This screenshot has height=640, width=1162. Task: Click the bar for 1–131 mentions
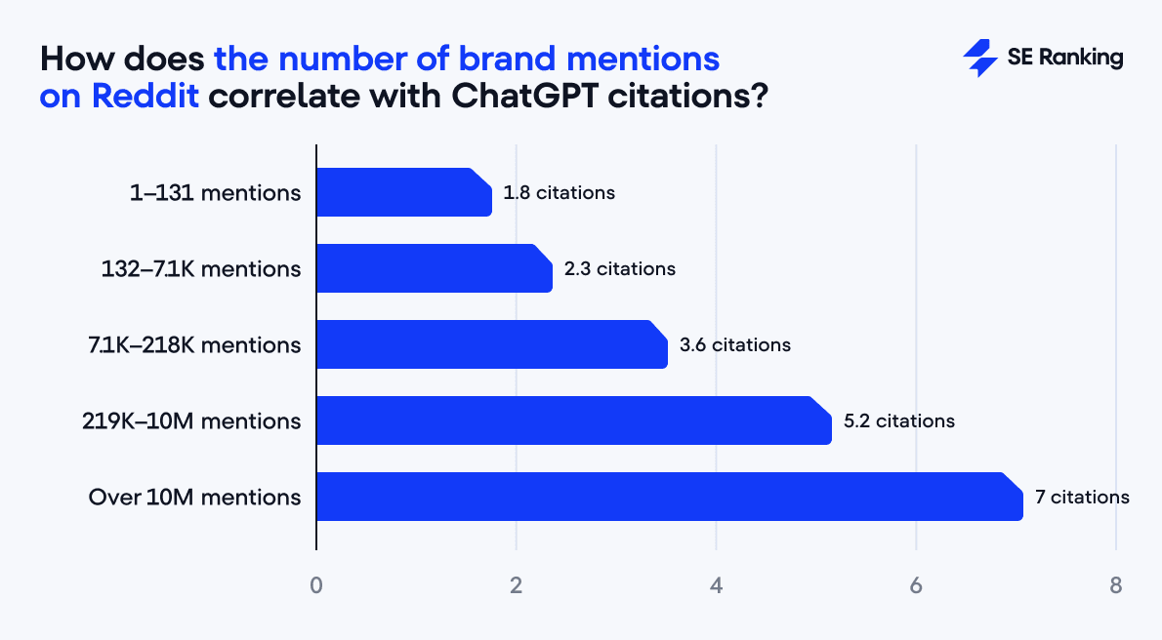(x=403, y=192)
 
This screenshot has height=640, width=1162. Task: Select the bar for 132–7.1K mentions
(x=434, y=268)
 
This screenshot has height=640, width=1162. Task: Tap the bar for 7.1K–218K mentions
(x=491, y=344)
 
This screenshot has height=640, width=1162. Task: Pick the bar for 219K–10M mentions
(x=573, y=420)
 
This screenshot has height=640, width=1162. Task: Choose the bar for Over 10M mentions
(x=669, y=497)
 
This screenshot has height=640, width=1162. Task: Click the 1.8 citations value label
(x=559, y=192)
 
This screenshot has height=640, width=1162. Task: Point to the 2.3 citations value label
(x=619, y=268)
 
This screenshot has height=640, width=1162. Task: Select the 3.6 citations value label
(x=734, y=344)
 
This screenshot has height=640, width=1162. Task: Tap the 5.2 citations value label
(x=898, y=420)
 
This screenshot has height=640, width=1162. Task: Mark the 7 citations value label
(x=1082, y=497)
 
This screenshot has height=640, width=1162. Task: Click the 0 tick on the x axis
(x=316, y=586)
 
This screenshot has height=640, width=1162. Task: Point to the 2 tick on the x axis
(x=517, y=586)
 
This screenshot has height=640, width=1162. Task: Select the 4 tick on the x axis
(x=717, y=586)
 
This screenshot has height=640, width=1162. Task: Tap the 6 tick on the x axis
(x=916, y=586)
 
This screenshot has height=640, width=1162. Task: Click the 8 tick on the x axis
(x=1116, y=586)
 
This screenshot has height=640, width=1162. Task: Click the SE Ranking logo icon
(x=979, y=59)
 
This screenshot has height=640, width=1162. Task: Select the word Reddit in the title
(x=146, y=98)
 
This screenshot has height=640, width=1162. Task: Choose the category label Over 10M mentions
(x=194, y=497)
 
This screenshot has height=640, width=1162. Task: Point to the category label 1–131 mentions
(x=215, y=192)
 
